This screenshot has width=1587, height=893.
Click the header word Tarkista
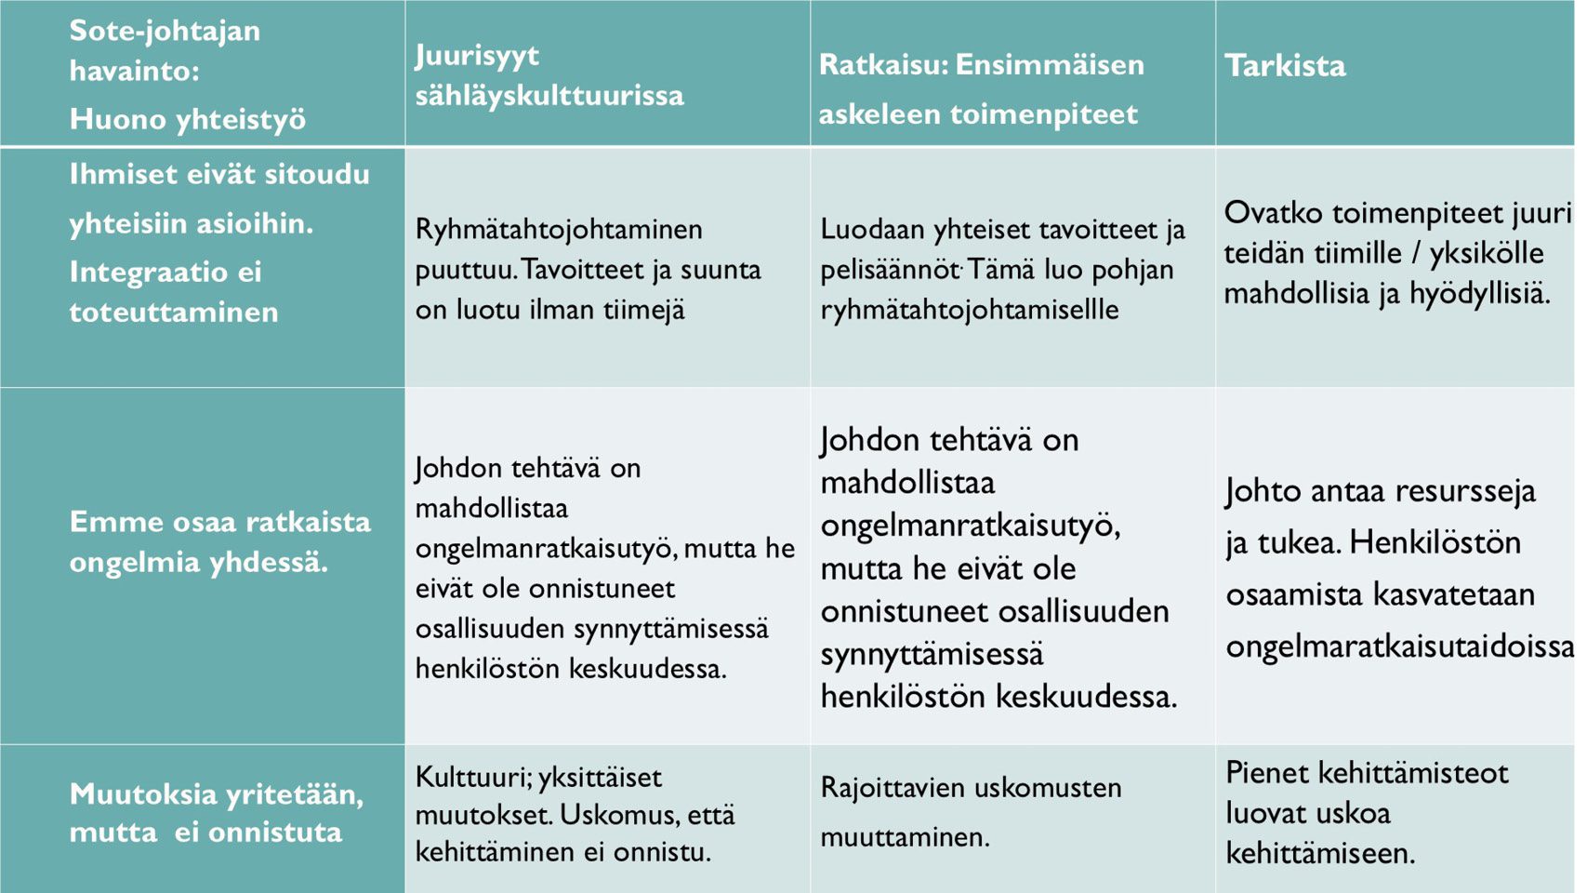coord(1285,65)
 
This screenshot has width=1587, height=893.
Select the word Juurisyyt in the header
coord(477,56)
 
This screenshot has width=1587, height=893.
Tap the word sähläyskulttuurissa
coord(549,95)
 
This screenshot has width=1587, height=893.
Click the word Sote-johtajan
coord(165,31)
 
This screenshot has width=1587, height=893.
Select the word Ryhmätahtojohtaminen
coord(559,229)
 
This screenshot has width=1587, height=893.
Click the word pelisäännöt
coord(890,270)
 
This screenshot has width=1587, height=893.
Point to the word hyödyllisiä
coord(1480,294)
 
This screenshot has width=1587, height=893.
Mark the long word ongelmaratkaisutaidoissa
coord(1400,646)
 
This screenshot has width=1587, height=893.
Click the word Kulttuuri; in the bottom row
coord(472,778)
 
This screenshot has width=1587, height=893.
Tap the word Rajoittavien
coord(892,788)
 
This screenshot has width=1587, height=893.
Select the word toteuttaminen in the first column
coord(174,312)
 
